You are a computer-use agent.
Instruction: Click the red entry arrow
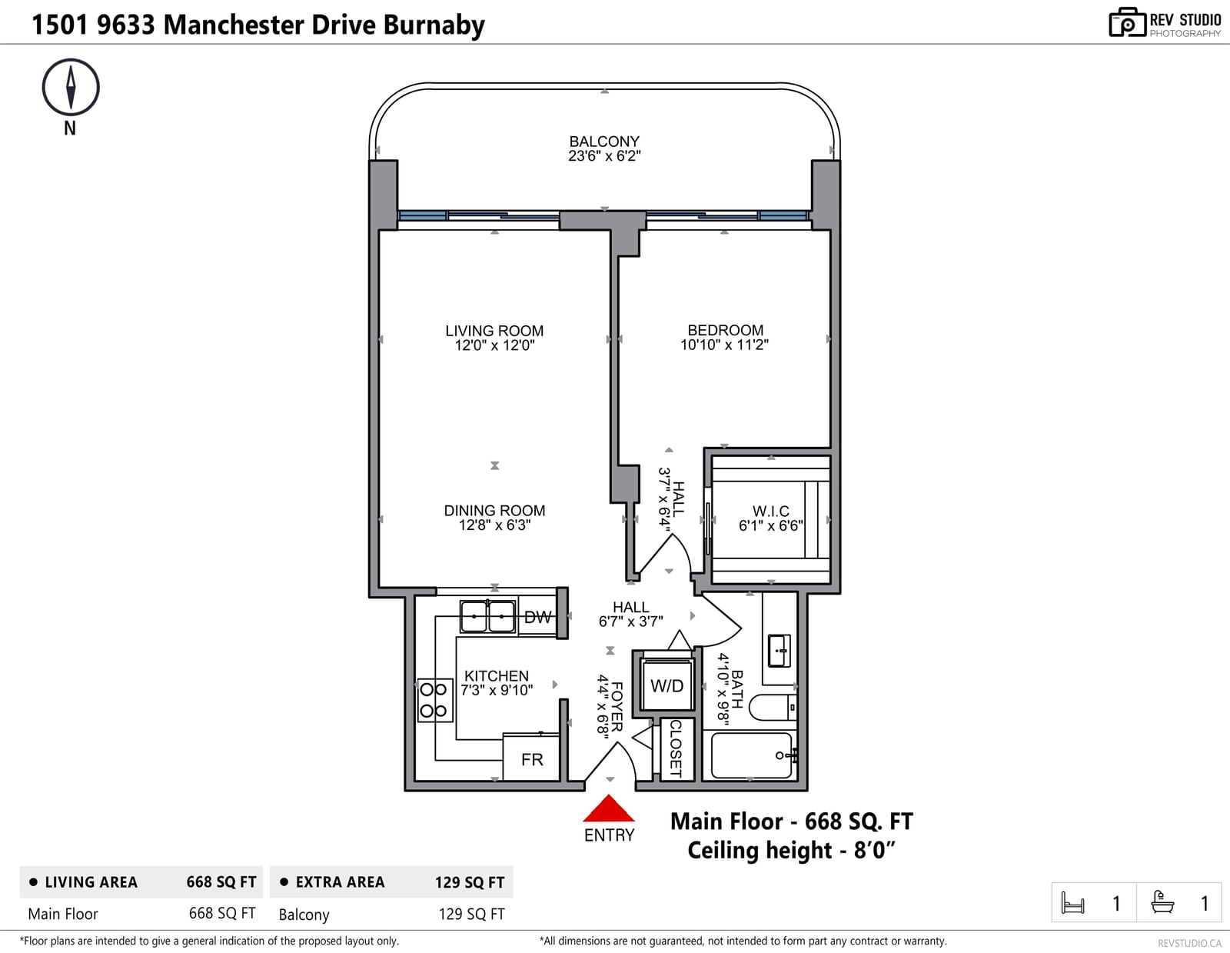[x=609, y=808]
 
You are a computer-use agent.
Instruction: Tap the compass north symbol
[x=71, y=88]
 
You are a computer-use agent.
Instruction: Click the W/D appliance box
[x=667, y=685]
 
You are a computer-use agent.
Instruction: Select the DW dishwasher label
[x=537, y=617]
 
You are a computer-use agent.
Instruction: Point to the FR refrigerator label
[x=532, y=759]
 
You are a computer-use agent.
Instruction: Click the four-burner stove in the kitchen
[x=434, y=700]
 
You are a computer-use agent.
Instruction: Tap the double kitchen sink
[x=487, y=616]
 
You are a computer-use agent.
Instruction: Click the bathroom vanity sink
[x=779, y=651]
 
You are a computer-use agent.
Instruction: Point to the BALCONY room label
[x=604, y=141]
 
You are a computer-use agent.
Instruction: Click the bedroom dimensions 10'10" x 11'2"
[x=724, y=345]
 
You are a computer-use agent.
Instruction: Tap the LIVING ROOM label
[x=494, y=331]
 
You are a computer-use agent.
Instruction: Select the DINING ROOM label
[x=494, y=510]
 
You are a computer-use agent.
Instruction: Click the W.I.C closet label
[x=770, y=511]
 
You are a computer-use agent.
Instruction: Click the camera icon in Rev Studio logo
[x=1127, y=22]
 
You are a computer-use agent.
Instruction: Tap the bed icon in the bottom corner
[x=1072, y=902]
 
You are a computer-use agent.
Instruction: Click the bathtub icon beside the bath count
[x=1162, y=902]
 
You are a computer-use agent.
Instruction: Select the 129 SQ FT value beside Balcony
[x=471, y=914]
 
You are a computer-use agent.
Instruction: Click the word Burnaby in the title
[x=434, y=25]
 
